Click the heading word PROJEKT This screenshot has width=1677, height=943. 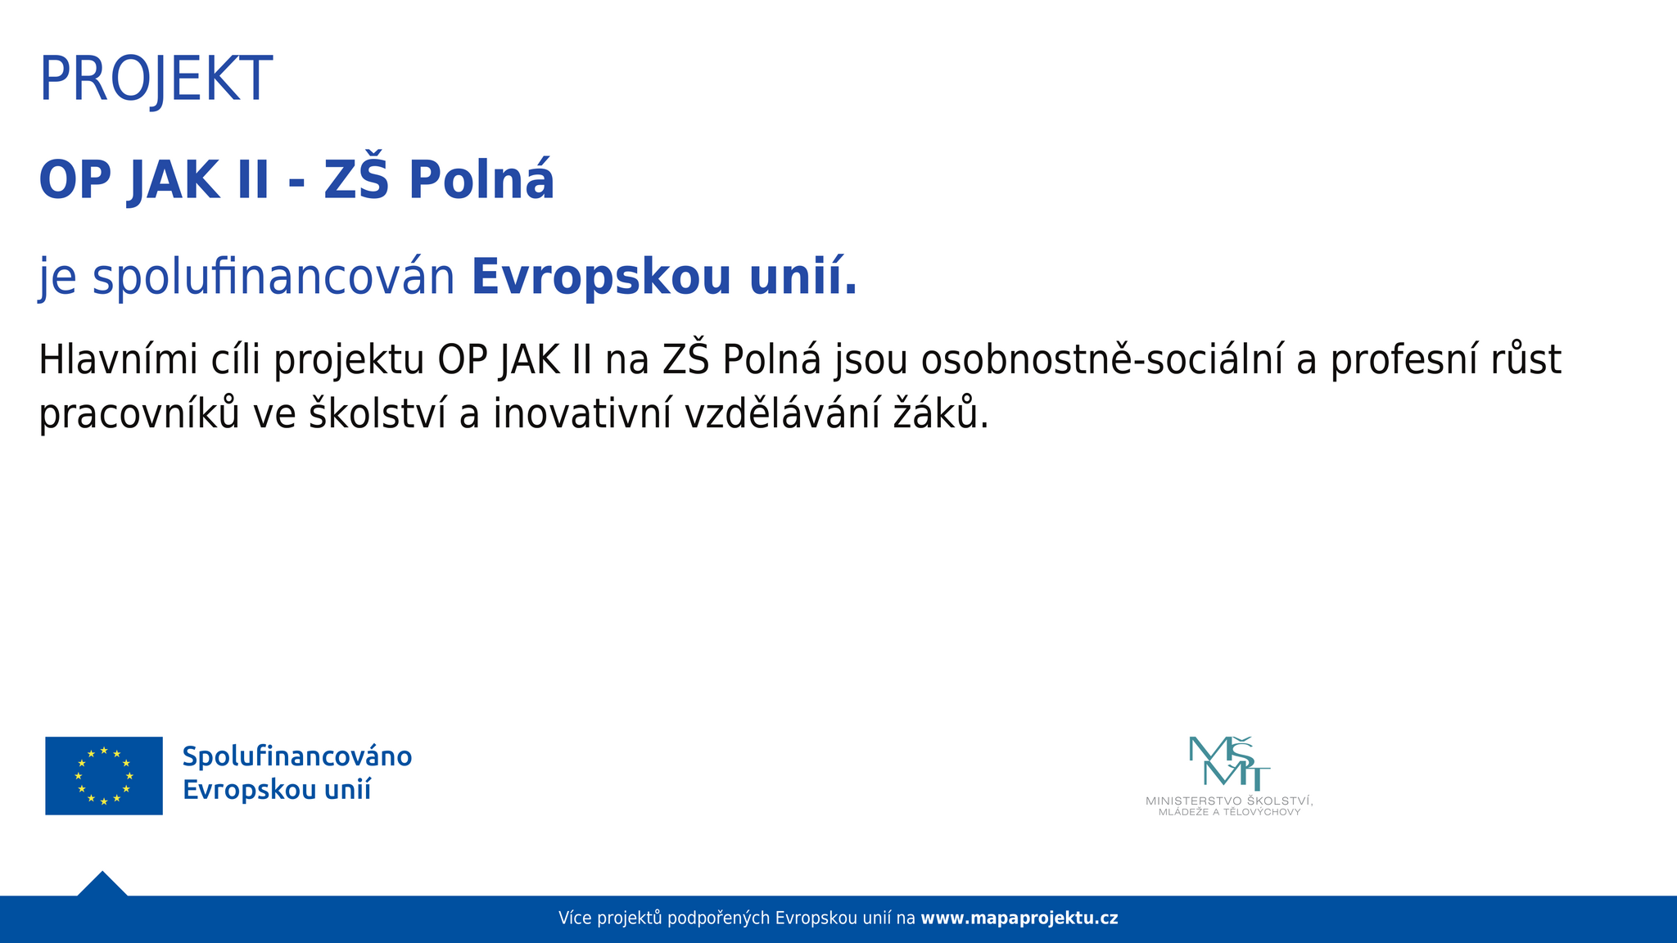[156, 79]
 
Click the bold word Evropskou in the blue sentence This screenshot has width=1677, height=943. [601, 278]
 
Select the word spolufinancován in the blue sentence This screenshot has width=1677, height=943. [273, 278]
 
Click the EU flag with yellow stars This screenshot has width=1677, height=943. [104, 776]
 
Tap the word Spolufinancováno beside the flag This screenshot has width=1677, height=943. [297, 757]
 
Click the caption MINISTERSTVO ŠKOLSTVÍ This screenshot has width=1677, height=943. [1228, 801]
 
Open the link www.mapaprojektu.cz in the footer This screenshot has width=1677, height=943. [1019, 918]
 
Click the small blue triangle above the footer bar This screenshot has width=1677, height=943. [102, 884]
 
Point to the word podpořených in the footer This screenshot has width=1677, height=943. [719, 918]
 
